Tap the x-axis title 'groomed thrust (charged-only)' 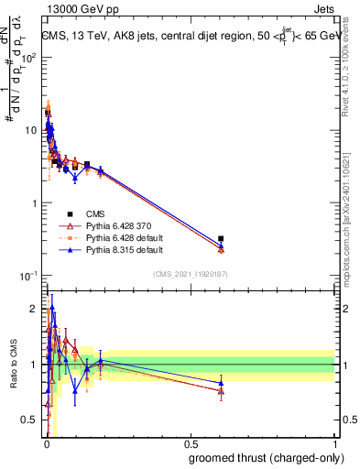(x=263, y=455)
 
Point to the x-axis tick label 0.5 (x=190, y=443)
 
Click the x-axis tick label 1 (x=333, y=443)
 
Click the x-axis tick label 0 (x=47, y=443)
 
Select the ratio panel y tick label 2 (x=34, y=309)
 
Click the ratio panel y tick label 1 (x=34, y=365)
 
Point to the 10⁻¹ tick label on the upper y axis (x=28, y=276)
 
